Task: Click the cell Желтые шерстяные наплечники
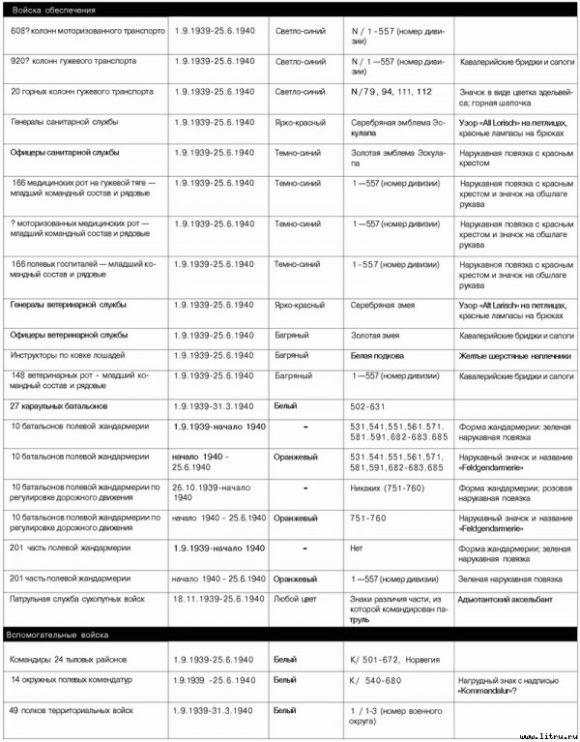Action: pyautogui.click(x=514, y=356)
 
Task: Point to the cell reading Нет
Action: pyautogui.click(x=357, y=549)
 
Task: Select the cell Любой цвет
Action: pyautogui.click(x=298, y=600)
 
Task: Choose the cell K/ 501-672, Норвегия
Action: pyautogui.click(x=395, y=659)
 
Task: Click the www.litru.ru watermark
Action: pyautogui.click(x=548, y=733)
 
